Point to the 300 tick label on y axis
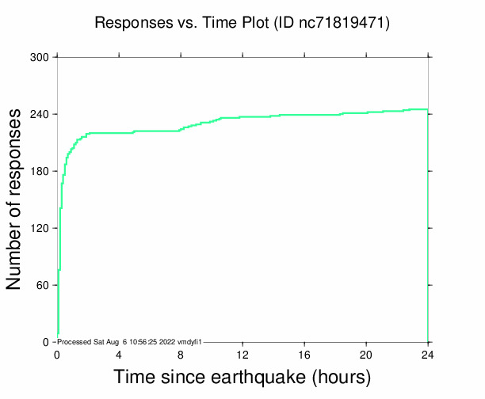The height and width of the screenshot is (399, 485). click(x=40, y=58)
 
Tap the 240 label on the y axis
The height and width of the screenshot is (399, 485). click(x=40, y=115)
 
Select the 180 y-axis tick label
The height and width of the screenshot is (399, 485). click(x=40, y=172)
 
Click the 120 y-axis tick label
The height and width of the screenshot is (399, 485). click(x=40, y=229)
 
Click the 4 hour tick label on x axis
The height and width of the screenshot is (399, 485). click(x=119, y=354)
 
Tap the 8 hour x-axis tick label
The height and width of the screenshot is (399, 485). click(x=181, y=354)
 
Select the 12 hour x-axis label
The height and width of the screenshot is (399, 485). click(x=242, y=354)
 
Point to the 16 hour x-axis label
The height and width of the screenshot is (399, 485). click(x=304, y=354)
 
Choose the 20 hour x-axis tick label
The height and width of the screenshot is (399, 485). click(x=366, y=354)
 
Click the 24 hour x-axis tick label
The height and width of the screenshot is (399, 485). click(x=428, y=354)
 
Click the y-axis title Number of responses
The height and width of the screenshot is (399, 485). click(x=15, y=199)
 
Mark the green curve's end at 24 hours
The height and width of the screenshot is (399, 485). click(x=427, y=109)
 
